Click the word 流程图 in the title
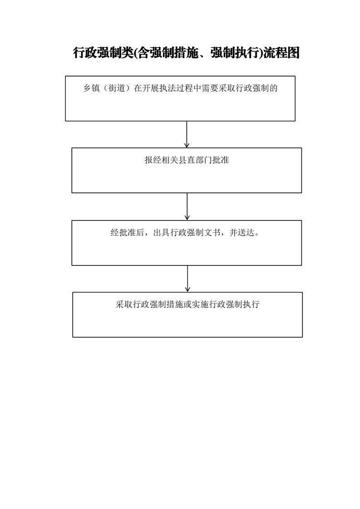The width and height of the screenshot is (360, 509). tap(281, 53)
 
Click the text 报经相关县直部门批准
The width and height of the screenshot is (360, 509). tap(187, 160)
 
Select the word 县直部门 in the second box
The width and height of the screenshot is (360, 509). tap(195, 160)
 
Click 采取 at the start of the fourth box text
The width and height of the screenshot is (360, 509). tap(124, 304)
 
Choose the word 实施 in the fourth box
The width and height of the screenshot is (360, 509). tap(200, 304)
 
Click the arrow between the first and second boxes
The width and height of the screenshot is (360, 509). tap(187, 134)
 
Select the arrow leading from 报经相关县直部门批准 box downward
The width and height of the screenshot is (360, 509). tap(187, 206)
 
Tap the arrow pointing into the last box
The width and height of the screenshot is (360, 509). tap(187, 279)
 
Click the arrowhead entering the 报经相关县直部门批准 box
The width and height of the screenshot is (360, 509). tap(187, 146)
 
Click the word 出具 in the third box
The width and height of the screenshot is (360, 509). tap(162, 233)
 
